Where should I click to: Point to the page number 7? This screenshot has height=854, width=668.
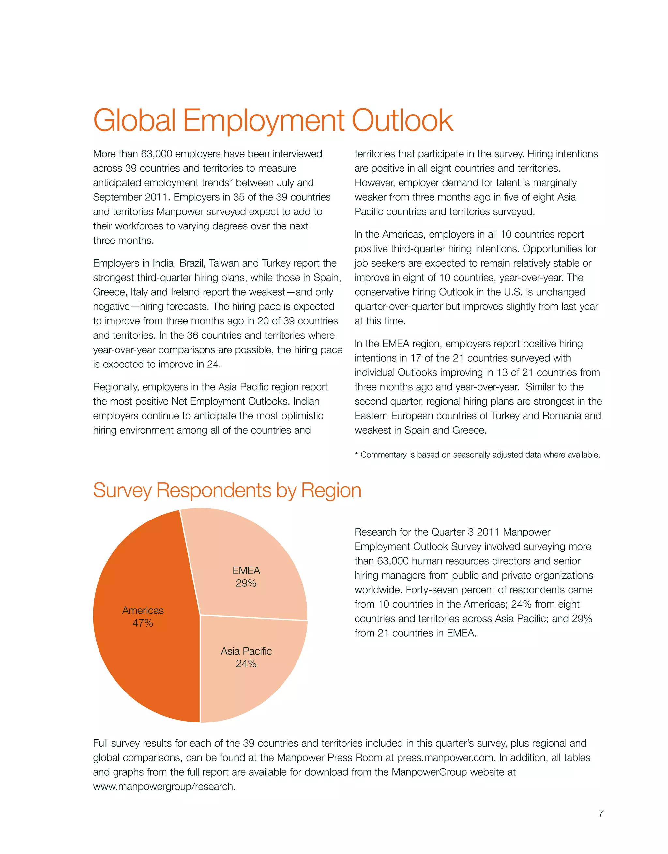point(601,813)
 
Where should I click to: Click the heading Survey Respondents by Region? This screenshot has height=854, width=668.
point(227,490)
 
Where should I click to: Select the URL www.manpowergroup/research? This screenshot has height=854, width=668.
point(164,787)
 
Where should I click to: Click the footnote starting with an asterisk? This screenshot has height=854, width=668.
point(477,455)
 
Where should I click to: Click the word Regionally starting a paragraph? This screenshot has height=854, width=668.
point(116,387)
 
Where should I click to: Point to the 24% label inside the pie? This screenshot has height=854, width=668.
point(246,664)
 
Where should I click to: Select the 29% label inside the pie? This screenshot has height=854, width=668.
point(246,583)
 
